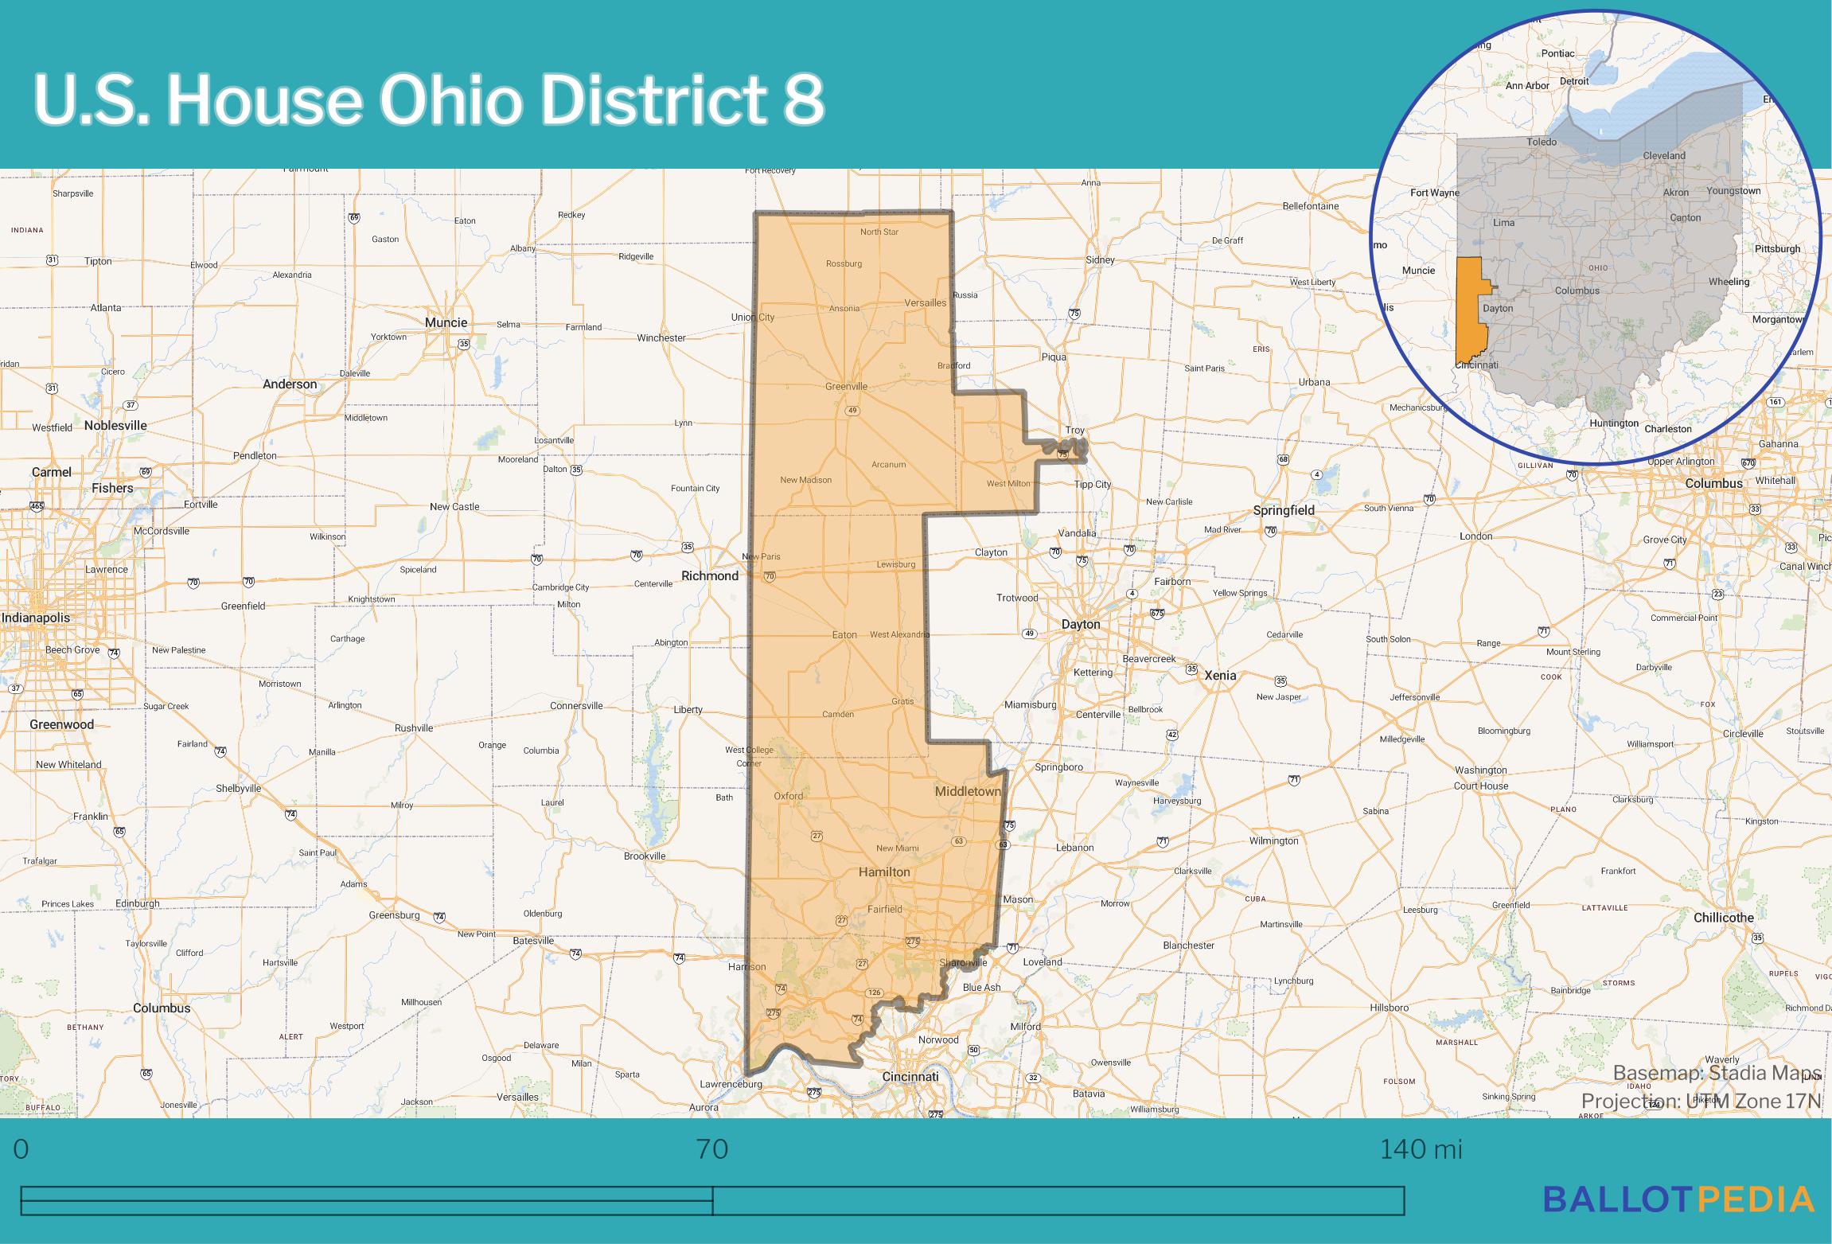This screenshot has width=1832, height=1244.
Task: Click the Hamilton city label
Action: [x=883, y=872]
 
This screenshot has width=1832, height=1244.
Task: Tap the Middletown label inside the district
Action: [x=967, y=791]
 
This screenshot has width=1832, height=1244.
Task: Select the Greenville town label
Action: [x=846, y=387]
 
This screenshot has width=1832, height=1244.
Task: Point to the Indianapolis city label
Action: [x=35, y=618]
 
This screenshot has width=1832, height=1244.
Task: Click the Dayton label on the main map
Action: [x=1081, y=625]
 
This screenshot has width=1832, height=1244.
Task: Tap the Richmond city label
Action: [x=710, y=575]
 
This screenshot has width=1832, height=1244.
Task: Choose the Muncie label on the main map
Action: [x=446, y=322]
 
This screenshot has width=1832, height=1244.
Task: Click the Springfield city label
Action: [x=1283, y=510]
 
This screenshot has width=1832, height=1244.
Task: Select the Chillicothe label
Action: [x=1723, y=918]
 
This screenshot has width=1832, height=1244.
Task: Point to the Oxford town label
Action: [x=789, y=796]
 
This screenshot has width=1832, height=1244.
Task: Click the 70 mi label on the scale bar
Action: [x=712, y=1149]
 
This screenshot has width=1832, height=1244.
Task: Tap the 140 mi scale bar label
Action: [x=1420, y=1149]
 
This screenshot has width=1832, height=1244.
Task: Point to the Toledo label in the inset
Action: [x=1542, y=142]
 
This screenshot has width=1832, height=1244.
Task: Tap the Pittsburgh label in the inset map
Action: [x=1777, y=248]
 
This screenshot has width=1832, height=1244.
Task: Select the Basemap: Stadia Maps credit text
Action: [x=1716, y=1073]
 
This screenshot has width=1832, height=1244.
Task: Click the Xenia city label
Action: [x=1220, y=675]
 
